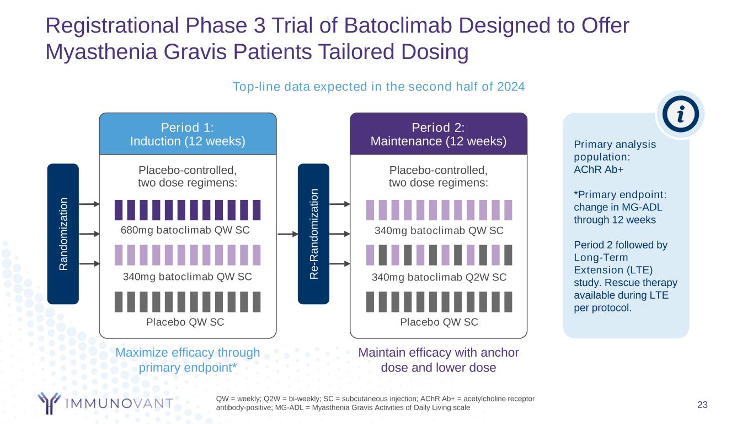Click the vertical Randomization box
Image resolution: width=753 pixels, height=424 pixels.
[63, 234]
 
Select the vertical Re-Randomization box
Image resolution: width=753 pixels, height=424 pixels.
[313, 234]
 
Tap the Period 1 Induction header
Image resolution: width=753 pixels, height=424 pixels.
[188, 134]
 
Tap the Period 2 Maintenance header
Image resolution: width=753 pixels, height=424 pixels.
[439, 134]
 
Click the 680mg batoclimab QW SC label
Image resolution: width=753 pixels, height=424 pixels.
[185, 230]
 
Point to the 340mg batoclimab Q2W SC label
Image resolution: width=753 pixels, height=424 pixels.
[439, 277]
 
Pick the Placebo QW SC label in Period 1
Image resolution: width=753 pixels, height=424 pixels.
[185, 322]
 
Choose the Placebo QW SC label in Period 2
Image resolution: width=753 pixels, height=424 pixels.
[439, 322]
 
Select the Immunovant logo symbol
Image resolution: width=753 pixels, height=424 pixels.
[49, 402]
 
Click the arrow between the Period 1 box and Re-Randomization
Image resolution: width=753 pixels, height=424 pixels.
[287, 234]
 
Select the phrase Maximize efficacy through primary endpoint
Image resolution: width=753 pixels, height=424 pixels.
[188, 359]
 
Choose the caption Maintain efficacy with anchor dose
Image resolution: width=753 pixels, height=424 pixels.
[439, 359]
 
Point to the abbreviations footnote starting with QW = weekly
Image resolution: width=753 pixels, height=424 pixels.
[375, 403]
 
